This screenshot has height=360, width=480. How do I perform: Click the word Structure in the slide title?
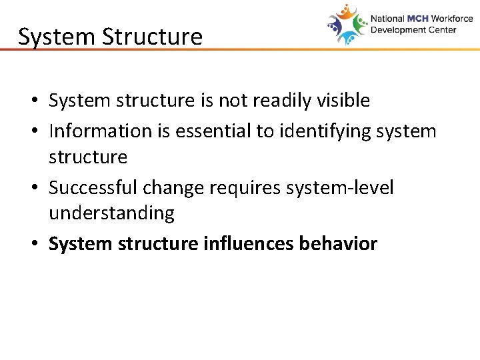pyautogui.click(x=152, y=37)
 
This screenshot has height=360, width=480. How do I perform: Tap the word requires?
pyautogui.click(x=245, y=187)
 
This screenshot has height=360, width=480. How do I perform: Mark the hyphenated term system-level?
pyautogui.click(x=340, y=187)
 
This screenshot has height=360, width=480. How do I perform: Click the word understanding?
pyautogui.click(x=111, y=213)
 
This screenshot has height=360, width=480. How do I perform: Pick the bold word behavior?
pyautogui.click(x=339, y=244)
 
